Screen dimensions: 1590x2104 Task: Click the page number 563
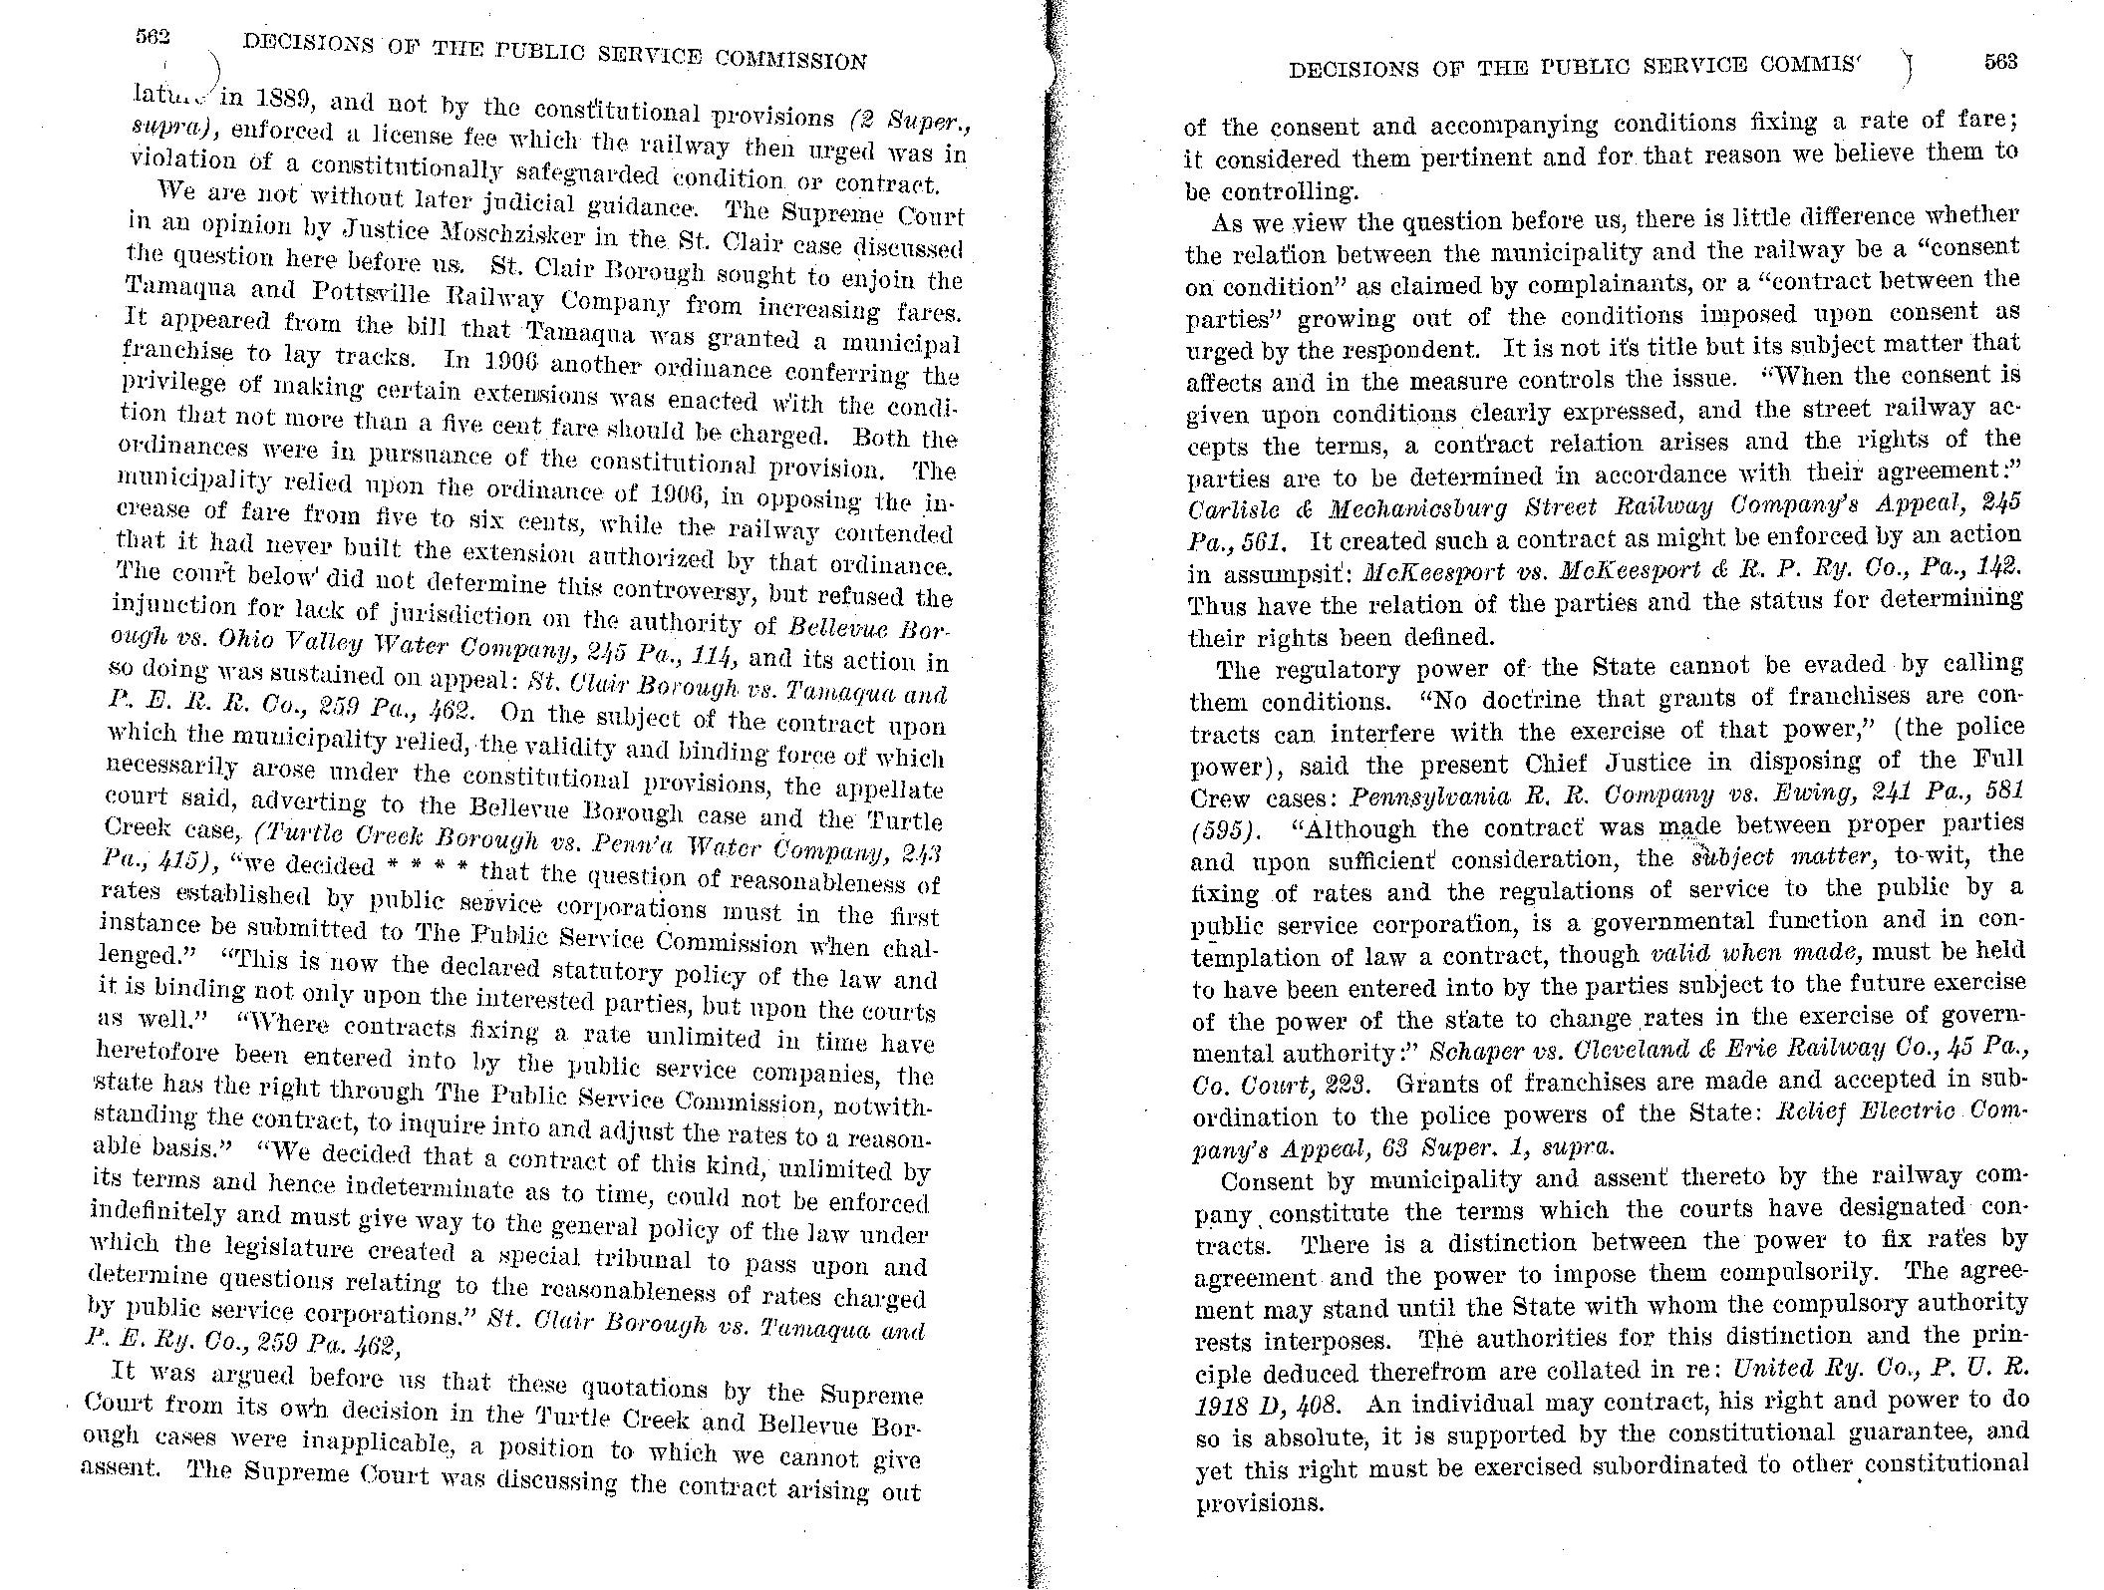(2000, 61)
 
